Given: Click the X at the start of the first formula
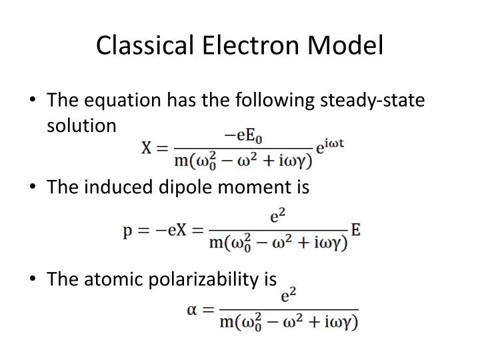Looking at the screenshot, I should tap(147, 148).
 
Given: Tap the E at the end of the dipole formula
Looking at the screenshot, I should tap(355, 231).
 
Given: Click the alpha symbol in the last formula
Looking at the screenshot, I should tap(192, 310).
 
